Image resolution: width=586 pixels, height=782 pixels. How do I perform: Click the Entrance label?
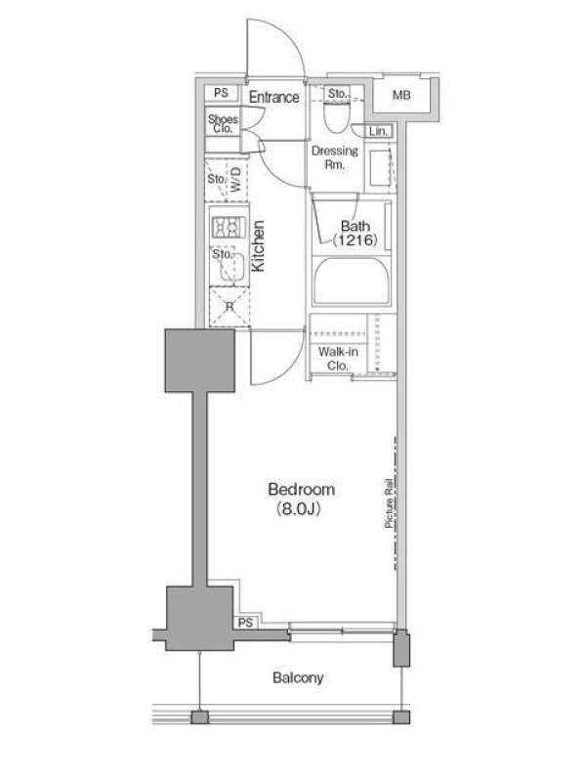[x=274, y=97]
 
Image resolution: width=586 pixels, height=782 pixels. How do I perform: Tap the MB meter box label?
[x=401, y=94]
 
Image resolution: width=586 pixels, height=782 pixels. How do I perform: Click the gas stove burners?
[x=230, y=228]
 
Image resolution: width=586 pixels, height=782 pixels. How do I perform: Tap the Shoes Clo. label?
[x=224, y=123]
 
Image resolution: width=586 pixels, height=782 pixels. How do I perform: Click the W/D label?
[x=235, y=180]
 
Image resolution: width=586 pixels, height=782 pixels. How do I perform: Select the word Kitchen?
[x=258, y=246]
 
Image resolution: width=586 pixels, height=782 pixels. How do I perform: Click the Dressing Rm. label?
[x=335, y=157]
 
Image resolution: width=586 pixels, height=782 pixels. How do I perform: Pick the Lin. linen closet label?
[x=378, y=132]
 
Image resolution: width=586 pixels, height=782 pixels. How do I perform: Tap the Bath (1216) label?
[x=356, y=233]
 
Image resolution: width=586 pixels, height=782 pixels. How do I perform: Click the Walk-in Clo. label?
[x=338, y=359]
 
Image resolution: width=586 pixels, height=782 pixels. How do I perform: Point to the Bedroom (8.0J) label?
[x=301, y=499]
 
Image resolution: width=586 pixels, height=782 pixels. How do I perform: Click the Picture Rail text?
[x=389, y=503]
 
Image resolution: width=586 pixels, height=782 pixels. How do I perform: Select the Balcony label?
[x=298, y=677]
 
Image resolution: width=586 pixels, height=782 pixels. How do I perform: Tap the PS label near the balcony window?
[x=245, y=623]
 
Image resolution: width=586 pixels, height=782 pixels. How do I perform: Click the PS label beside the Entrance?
[x=222, y=93]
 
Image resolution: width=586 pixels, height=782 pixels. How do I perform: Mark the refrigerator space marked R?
[x=230, y=307]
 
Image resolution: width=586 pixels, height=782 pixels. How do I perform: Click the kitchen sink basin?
[x=229, y=267]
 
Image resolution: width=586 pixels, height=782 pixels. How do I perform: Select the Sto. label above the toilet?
[x=337, y=93]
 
